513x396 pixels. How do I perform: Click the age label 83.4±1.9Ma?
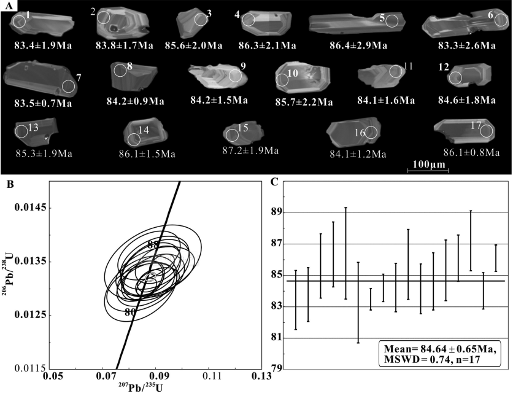(x=43, y=45)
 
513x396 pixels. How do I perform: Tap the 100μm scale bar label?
(x=429, y=164)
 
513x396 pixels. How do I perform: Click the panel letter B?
(x=10, y=184)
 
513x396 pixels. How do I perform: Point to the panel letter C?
(x=274, y=181)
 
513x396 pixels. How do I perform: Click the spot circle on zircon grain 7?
(x=69, y=86)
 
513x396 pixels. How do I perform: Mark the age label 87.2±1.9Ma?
(x=250, y=150)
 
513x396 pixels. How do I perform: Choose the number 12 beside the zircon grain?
(x=444, y=67)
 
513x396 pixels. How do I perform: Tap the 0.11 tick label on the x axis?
(x=212, y=376)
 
